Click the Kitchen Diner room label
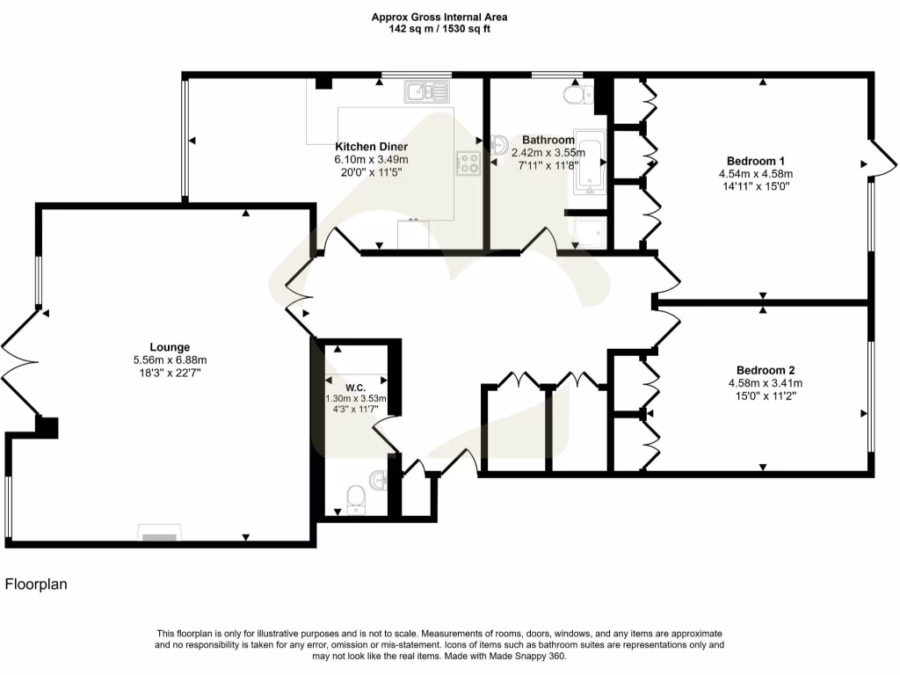pos(371,147)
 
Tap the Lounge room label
pos(169,347)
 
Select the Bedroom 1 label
pos(755,161)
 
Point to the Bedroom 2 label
pos(765,370)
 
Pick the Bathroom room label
pos(548,140)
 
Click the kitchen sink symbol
pos(426,91)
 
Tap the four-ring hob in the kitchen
pos(468,163)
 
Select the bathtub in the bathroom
pos(589,163)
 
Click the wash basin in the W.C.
pos(379,479)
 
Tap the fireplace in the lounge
pos(159,534)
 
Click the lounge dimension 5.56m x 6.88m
pos(169,360)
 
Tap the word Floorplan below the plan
pos(37,584)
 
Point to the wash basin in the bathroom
pos(499,142)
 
